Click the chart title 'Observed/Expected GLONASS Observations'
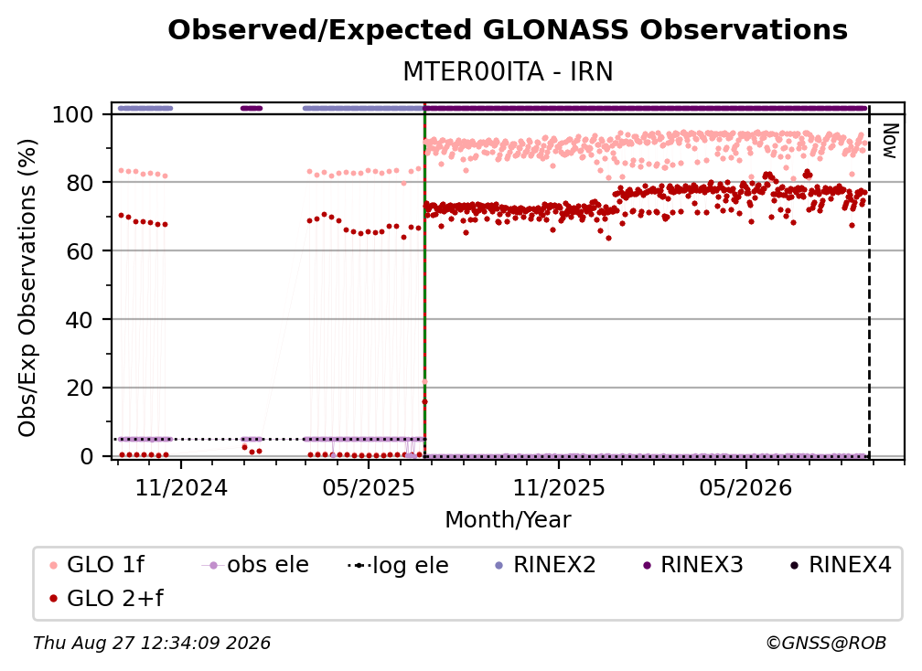click(508, 30)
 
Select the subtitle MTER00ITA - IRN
click(508, 71)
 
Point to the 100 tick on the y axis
click(73, 114)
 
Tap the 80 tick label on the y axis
click(80, 183)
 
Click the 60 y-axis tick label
click(80, 250)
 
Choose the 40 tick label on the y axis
click(80, 320)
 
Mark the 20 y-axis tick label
click(80, 388)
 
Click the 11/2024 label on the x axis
click(181, 487)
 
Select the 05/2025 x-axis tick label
click(369, 487)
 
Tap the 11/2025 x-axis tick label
click(559, 487)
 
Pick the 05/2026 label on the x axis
click(745, 487)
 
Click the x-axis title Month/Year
click(508, 519)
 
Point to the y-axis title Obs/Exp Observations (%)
click(27, 287)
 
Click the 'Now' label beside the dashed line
click(890, 141)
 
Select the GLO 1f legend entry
click(97, 565)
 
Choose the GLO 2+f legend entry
click(106, 598)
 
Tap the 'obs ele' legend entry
click(255, 565)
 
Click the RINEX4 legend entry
click(841, 565)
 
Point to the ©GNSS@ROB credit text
click(826, 643)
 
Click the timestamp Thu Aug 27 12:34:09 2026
click(152, 643)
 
